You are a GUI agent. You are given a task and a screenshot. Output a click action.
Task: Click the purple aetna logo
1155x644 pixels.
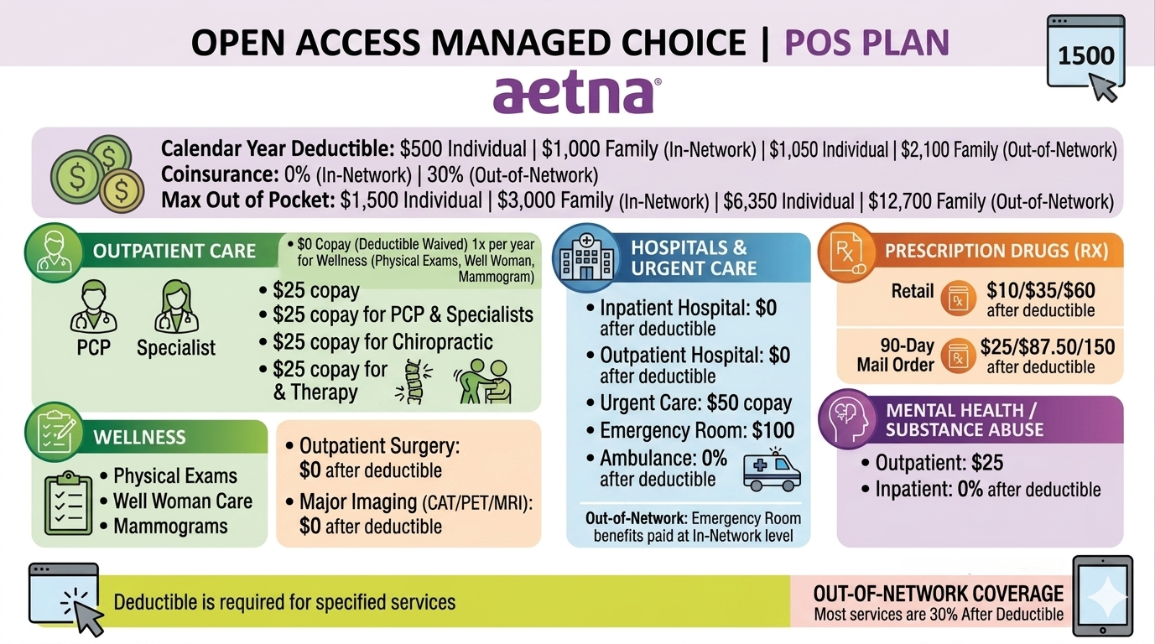click(576, 95)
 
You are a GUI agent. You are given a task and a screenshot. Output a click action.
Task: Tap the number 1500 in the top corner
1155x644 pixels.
click(1086, 55)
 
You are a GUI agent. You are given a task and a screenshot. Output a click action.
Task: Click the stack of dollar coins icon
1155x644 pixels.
click(97, 174)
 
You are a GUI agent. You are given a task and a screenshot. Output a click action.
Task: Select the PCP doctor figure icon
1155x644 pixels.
click(93, 307)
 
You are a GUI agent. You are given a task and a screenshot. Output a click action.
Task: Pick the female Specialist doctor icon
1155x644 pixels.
click(176, 307)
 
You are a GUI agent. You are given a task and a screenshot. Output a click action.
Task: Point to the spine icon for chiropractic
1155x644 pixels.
click(414, 382)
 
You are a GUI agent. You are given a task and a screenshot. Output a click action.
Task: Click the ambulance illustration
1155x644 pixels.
click(772, 470)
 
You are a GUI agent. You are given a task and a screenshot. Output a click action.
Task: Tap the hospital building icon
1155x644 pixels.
click(586, 257)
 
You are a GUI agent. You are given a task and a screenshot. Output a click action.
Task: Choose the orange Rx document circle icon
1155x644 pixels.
click(847, 252)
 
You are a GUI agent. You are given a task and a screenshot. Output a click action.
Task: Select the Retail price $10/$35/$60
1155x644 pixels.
click(1041, 291)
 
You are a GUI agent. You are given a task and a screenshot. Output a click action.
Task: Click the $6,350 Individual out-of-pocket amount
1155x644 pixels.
click(788, 201)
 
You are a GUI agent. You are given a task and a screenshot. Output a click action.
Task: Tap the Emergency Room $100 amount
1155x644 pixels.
click(773, 430)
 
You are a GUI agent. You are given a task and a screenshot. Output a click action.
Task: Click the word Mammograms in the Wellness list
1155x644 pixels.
click(170, 527)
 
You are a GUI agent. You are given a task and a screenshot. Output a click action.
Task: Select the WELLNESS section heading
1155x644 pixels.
click(139, 437)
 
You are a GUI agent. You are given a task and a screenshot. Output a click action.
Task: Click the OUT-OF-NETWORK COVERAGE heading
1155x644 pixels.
click(939, 594)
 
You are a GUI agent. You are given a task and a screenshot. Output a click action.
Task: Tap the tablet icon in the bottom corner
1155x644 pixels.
click(1102, 596)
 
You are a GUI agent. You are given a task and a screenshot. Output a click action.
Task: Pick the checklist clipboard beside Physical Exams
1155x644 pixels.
click(68, 504)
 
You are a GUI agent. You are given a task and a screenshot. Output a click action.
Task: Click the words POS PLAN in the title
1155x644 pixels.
click(866, 42)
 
